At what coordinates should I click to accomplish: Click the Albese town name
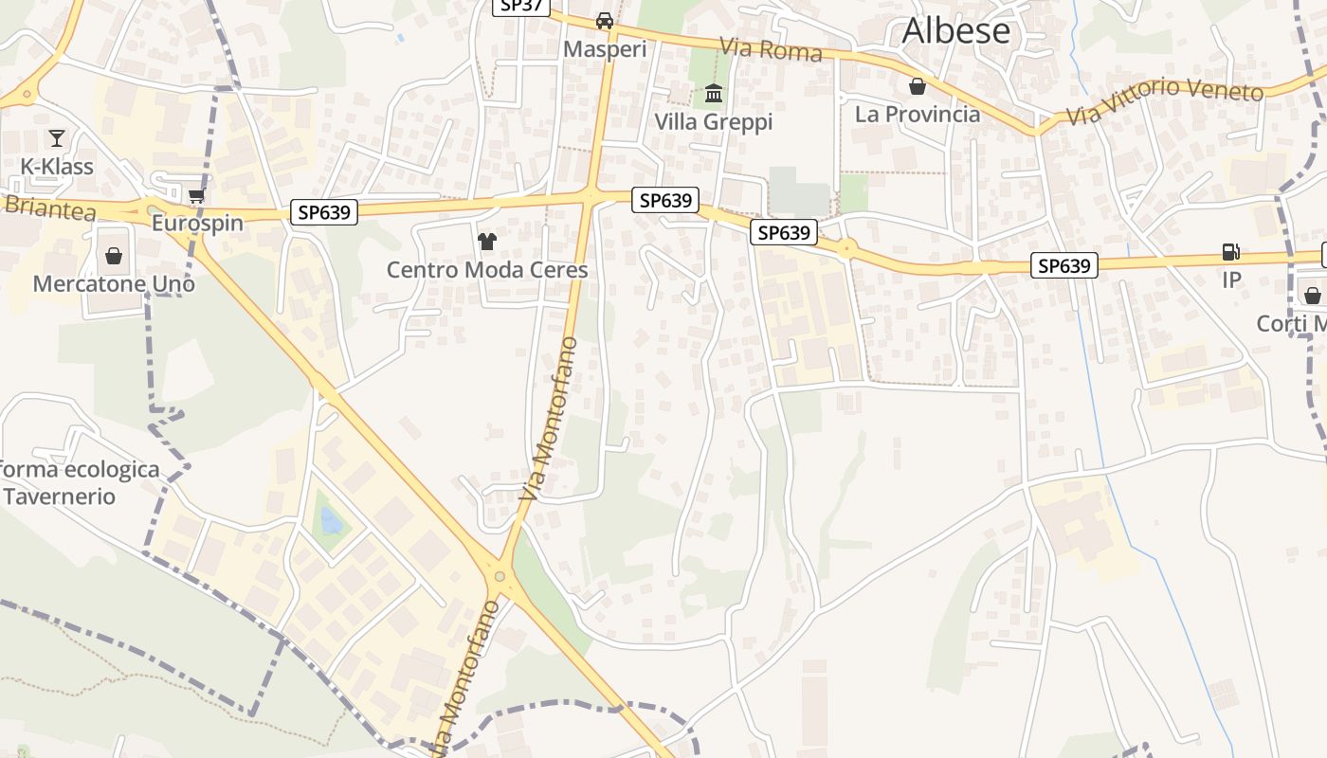955,31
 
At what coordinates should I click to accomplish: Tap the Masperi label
605,48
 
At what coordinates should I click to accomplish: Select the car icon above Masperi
605,21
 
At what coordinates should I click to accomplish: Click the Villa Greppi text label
714,122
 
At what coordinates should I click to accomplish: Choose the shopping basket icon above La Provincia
918,87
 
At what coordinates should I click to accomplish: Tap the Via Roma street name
771,49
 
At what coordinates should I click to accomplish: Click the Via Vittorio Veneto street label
1165,101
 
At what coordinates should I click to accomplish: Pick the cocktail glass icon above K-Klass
57,138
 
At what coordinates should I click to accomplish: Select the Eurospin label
197,224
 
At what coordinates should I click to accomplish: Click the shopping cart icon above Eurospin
197,195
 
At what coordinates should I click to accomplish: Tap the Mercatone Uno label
114,283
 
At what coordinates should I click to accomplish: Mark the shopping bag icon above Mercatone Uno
114,256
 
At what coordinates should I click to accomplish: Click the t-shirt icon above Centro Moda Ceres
487,242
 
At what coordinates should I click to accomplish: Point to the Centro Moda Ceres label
487,270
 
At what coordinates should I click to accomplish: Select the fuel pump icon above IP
1230,252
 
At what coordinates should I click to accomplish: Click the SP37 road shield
520,6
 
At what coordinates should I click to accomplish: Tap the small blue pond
331,520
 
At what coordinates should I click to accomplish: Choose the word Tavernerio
59,496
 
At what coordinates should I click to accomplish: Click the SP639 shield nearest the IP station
1063,266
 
